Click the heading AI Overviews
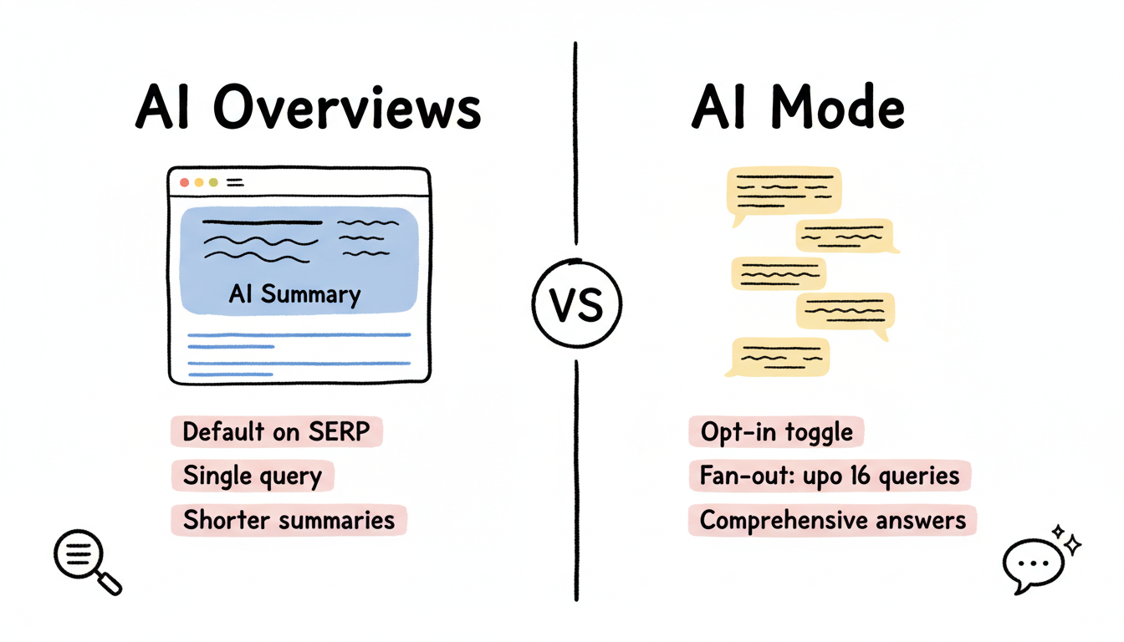[308, 109]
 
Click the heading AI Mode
[798, 109]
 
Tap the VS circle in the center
[576, 304]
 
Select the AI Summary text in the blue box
[294, 294]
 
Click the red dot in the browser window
[184, 181]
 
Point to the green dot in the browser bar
[213, 181]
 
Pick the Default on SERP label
[276, 432]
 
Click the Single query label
[252, 476]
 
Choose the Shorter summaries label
[289, 519]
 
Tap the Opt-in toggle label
[776, 432]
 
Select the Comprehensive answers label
[832, 520]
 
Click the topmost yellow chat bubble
[784, 191]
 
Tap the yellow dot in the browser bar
[199, 181]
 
